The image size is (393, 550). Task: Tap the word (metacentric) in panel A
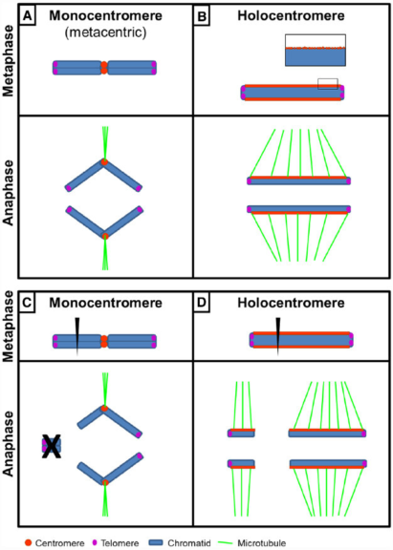(x=105, y=33)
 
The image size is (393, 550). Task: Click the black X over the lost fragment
(x=51, y=446)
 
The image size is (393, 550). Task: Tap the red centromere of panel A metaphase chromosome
(x=105, y=68)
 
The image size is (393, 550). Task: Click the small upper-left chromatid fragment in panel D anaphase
(x=241, y=433)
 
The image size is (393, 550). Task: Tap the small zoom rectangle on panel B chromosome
(x=327, y=83)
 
